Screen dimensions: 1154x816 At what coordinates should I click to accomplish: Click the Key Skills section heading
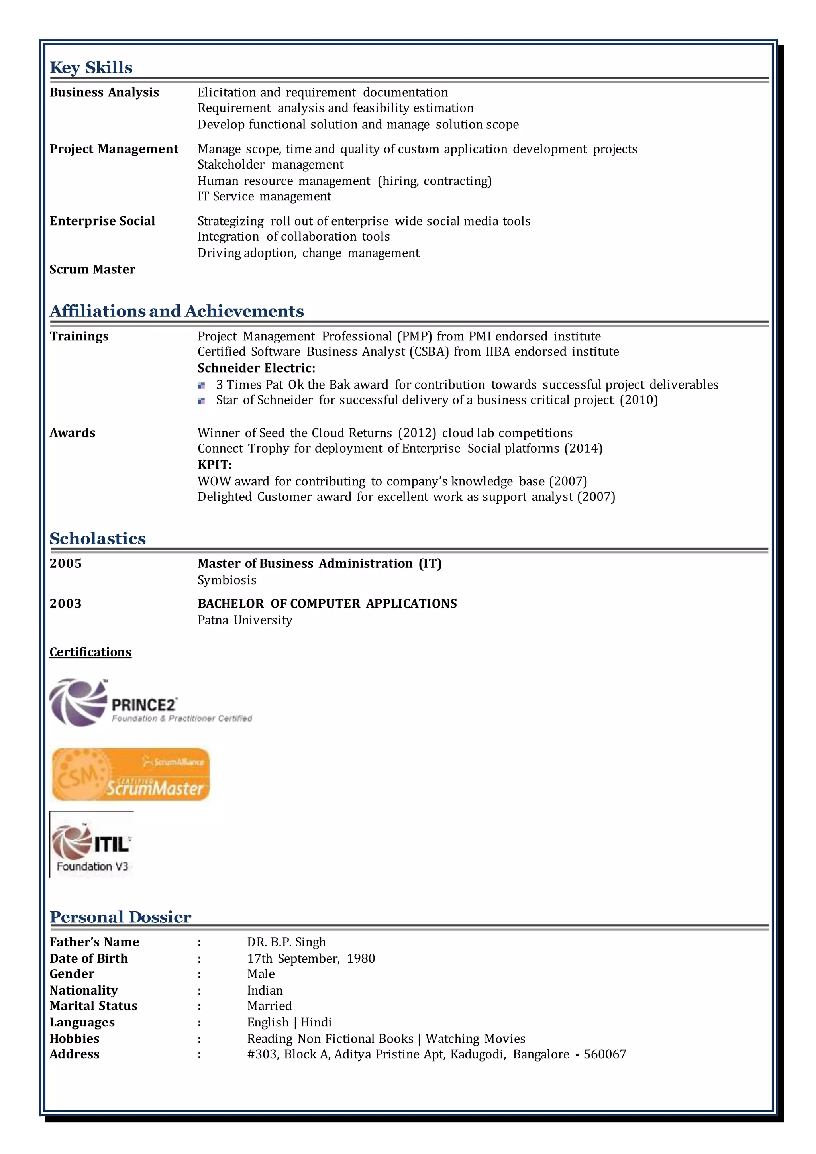(91, 67)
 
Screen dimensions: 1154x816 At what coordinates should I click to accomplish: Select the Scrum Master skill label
(92, 269)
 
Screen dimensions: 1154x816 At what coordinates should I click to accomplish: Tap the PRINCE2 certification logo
(151, 703)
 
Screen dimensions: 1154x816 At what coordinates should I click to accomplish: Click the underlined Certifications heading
(90, 652)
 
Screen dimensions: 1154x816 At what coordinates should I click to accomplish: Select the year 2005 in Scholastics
(65, 563)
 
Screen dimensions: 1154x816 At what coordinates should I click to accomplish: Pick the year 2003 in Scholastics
(65, 604)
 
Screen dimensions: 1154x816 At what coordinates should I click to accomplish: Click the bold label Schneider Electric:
(256, 368)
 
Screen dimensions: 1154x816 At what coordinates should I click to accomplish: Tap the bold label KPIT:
(214, 465)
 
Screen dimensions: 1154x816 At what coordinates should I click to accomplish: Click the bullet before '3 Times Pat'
(202, 385)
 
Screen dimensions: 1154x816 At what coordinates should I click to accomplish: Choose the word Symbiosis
(227, 580)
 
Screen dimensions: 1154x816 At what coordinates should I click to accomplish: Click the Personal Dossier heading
(120, 917)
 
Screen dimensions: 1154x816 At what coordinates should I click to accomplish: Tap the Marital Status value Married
(269, 1006)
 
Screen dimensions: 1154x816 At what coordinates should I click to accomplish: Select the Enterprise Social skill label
(102, 221)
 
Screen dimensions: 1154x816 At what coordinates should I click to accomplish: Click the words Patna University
(245, 620)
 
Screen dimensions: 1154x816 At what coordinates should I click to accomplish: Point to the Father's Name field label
(94, 942)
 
